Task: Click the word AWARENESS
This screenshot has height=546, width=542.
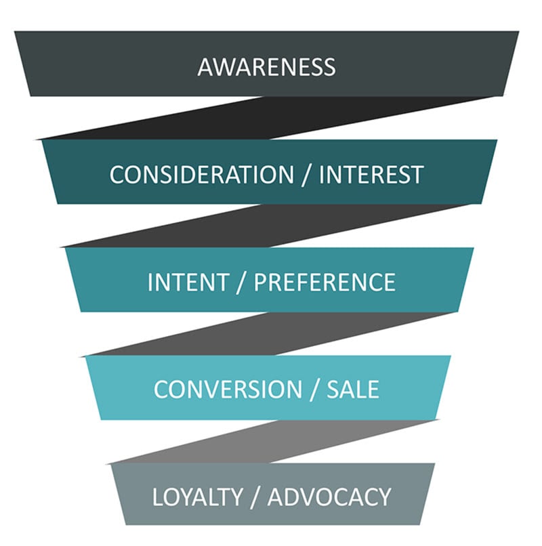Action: pos(266,67)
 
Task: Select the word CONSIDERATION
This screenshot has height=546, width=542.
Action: pos(202,175)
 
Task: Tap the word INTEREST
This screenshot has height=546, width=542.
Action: pos(371,175)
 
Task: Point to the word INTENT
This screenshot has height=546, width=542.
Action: pos(188,282)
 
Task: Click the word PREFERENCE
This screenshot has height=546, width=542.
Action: pos(325,282)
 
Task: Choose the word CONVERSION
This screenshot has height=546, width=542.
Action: pos(228,390)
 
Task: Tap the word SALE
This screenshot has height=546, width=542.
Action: pos(352,390)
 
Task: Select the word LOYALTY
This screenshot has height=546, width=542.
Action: pos(198,497)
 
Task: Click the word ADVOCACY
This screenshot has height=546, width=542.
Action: pos(329,497)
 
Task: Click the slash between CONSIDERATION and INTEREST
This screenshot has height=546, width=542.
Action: pos(306,175)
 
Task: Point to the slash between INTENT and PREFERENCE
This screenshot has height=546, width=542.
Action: pos(241,282)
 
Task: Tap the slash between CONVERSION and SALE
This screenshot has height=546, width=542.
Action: pos(314,390)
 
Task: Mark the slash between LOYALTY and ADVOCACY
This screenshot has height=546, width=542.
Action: pos(255,498)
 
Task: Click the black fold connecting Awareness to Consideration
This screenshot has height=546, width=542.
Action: pos(265,118)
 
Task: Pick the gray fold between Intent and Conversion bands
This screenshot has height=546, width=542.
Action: pos(269,334)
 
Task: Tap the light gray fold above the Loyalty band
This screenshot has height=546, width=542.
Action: pos(272,442)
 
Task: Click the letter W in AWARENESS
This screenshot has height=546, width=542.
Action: pos(223,67)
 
